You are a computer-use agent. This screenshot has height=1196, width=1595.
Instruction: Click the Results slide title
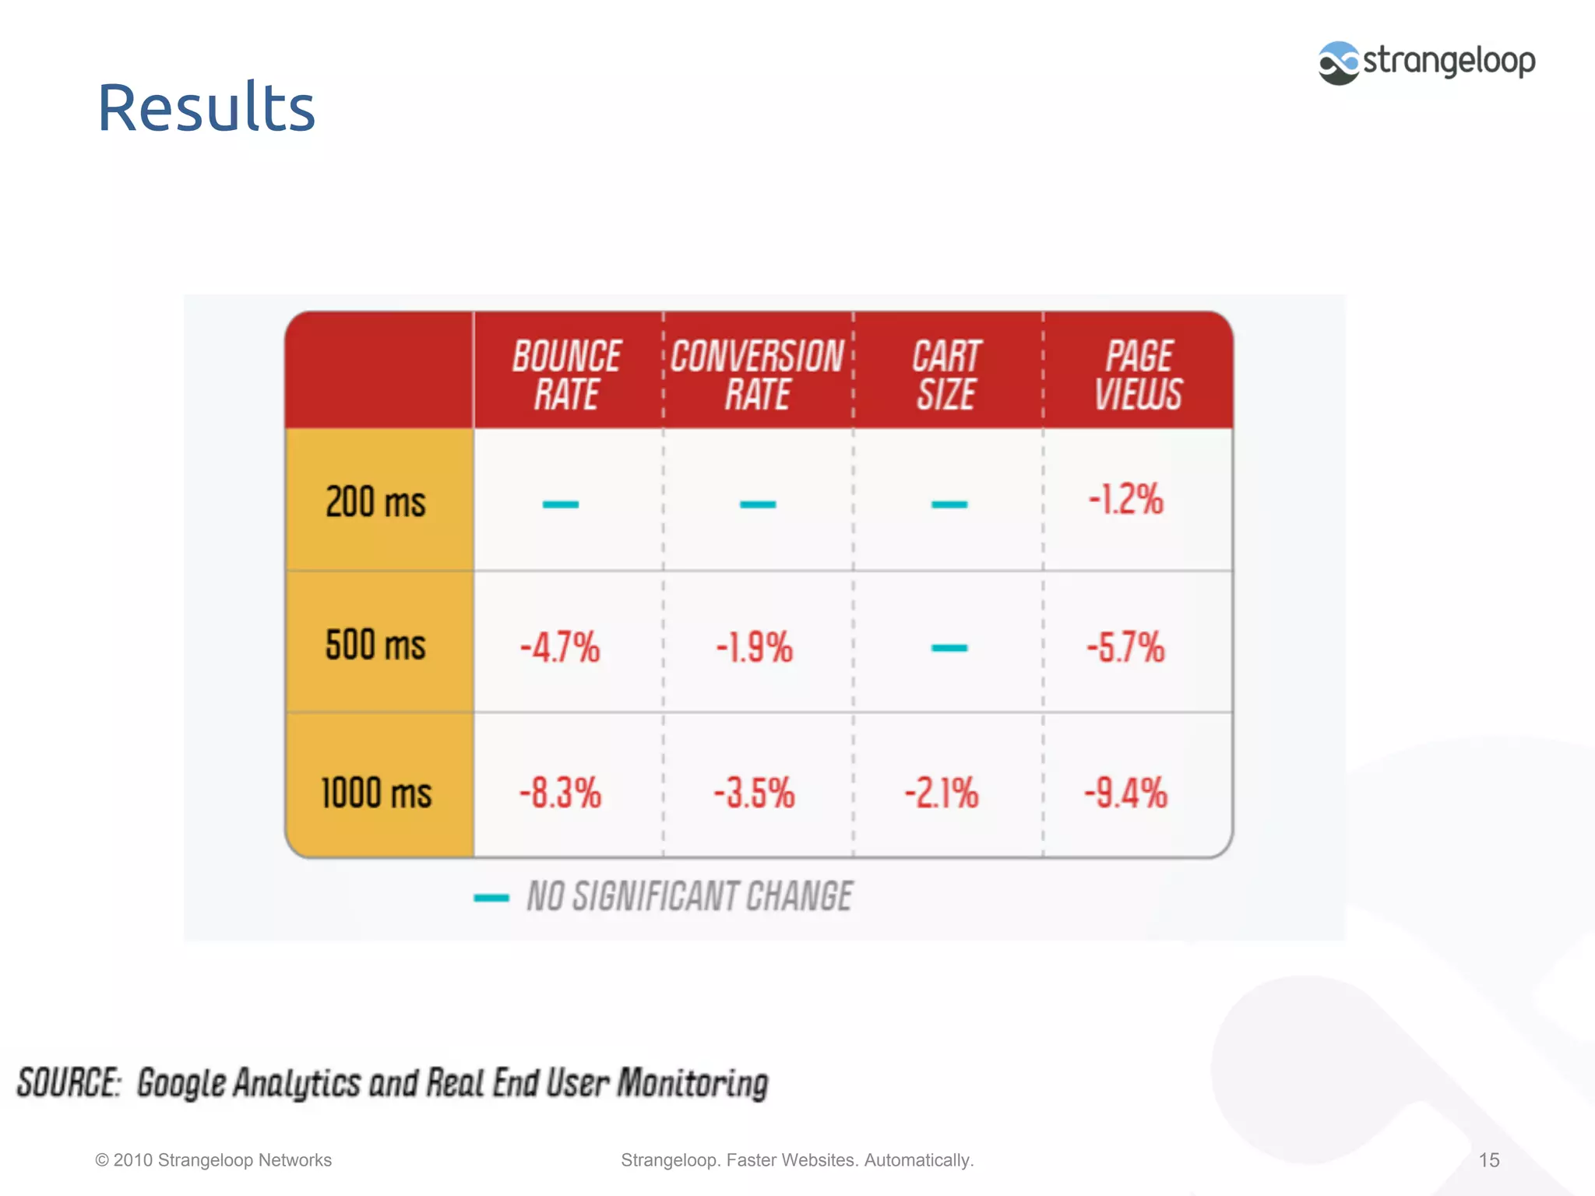point(206,107)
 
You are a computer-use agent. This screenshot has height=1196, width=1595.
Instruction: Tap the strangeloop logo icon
point(1338,62)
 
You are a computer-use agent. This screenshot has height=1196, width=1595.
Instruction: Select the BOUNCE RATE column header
point(567,375)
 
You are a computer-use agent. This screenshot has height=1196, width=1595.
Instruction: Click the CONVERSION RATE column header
point(757,375)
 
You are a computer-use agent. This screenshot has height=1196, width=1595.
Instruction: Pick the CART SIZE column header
point(946,375)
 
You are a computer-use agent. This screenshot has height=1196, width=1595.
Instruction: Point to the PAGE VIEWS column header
point(1138,375)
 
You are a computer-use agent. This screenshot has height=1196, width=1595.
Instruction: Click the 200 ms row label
point(375,501)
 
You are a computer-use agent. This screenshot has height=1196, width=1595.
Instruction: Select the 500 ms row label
point(375,645)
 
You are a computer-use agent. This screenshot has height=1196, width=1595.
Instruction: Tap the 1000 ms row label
point(376,793)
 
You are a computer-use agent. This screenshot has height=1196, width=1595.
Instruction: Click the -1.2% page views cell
point(1125,499)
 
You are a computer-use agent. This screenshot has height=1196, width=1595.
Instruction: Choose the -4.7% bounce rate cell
point(560,647)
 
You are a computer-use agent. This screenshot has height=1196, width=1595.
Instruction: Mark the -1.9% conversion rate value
point(754,647)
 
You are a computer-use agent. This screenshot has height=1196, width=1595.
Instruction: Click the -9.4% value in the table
point(1125,793)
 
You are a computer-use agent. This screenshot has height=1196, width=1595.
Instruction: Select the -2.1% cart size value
point(941,793)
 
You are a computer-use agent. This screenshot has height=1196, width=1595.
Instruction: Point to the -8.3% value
point(560,793)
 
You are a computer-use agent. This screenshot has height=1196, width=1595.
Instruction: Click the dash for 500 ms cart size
point(949,647)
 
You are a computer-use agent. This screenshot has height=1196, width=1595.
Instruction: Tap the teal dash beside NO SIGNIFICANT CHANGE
point(491,898)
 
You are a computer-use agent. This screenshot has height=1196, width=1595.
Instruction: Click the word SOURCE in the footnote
point(69,1083)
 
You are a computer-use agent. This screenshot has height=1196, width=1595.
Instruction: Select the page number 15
point(1488,1160)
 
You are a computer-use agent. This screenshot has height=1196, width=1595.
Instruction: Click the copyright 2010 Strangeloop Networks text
point(213,1160)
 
